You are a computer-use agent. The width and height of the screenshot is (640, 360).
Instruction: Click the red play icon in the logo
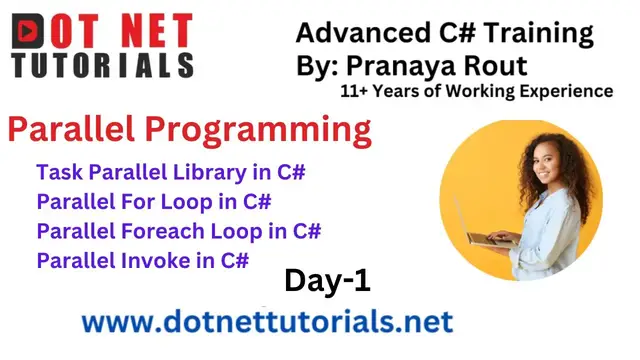(x=31, y=30)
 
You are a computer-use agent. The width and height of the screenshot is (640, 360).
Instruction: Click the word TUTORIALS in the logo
(x=103, y=66)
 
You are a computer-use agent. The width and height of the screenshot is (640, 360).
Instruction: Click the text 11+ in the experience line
(x=357, y=92)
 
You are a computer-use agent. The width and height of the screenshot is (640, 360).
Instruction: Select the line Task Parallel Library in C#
(x=170, y=172)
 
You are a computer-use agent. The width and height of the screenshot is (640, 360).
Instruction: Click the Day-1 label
(x=327, y=281)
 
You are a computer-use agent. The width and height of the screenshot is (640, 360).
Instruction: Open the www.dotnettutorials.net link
(x=267, y=322)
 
